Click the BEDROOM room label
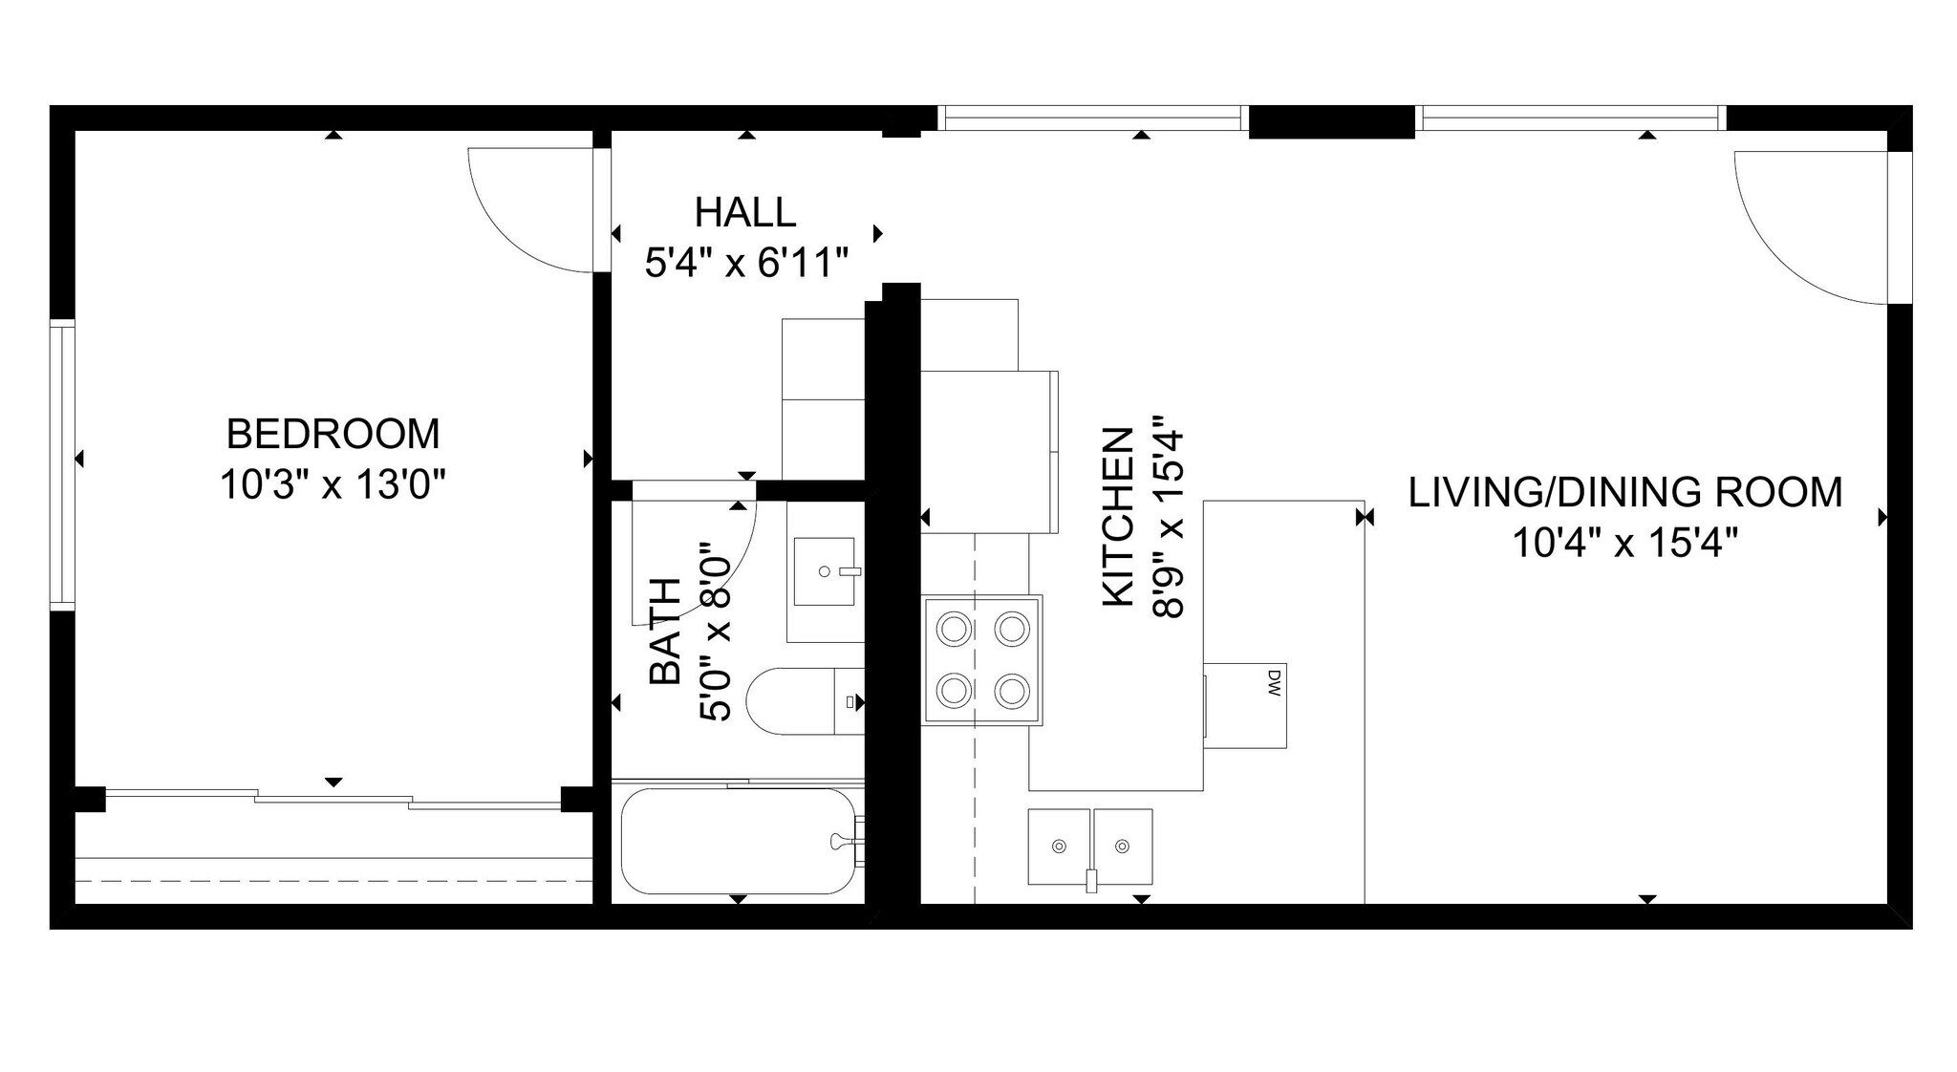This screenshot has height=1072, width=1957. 333,434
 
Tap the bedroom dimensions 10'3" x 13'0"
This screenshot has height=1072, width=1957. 333,484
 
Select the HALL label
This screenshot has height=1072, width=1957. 744,212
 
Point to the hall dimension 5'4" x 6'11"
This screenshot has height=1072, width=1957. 746,263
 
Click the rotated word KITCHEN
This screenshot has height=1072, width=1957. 1119,516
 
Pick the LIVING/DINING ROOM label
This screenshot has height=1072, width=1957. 1624,492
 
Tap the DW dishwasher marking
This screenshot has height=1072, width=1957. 1273,682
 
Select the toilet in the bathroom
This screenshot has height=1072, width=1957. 803,701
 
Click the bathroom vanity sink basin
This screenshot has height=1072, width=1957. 825,571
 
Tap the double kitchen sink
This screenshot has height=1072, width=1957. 1089,847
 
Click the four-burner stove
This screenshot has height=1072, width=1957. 982,658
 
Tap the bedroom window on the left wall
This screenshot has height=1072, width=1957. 62,466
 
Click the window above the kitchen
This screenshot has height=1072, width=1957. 1091,118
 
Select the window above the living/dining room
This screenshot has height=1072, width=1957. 1573,118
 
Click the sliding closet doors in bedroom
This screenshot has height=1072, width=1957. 333,798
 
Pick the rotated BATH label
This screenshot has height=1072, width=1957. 665,631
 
